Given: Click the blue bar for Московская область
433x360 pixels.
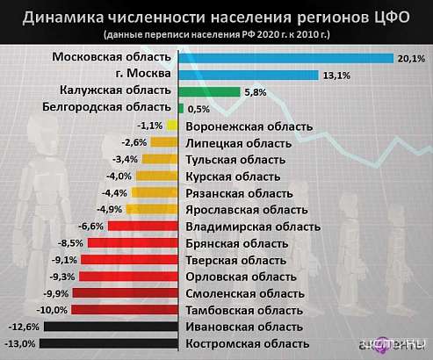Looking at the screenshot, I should pos(286,58).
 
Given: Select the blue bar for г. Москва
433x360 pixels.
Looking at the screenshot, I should pos(249,75).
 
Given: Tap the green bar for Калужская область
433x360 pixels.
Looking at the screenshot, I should pos(209,91).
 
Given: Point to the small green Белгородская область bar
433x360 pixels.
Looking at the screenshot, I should pos(181,108).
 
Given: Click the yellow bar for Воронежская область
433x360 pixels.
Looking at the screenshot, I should pos(176,126).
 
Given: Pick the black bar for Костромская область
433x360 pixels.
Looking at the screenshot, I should pos(111,343).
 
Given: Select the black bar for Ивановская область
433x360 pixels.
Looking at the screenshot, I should pos(112,327).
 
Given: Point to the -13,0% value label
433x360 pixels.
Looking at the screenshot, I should pos(21,343).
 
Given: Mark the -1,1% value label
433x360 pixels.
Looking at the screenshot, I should pos(150,126).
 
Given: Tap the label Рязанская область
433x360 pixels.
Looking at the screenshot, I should pos(239,192).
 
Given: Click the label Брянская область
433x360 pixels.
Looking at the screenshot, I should pos(235,242).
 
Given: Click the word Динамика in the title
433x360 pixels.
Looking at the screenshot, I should pos(64,16).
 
